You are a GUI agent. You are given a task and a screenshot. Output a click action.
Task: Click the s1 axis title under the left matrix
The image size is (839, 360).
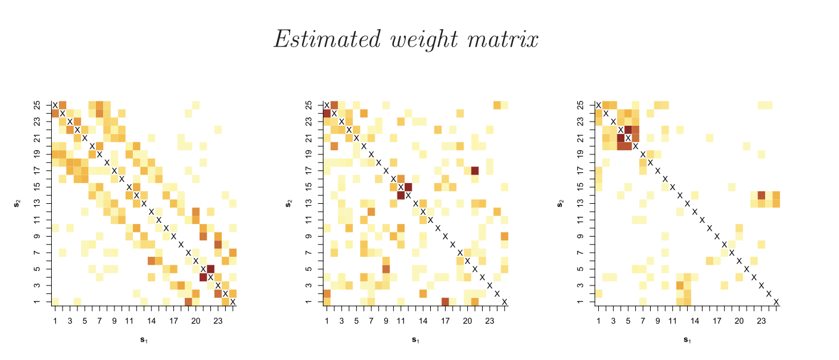(x=144, y=340)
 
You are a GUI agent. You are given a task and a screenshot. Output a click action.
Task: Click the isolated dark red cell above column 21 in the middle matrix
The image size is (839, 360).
(x=475, y=170)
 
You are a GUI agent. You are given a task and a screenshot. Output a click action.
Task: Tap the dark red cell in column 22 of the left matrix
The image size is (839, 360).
(x=210, y=269)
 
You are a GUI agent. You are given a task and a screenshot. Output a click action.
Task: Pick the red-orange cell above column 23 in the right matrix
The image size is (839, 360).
(x=761, y=195)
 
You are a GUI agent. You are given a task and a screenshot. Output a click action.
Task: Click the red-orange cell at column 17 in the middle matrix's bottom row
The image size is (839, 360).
(x=445, y=302)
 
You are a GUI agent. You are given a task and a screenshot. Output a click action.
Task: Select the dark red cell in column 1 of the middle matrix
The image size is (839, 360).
(x=327, y=113)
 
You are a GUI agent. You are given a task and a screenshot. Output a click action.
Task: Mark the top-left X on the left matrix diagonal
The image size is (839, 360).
(x=55, y=105)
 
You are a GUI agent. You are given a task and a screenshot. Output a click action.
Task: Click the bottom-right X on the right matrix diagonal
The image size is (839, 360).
(x=776, y=302)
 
